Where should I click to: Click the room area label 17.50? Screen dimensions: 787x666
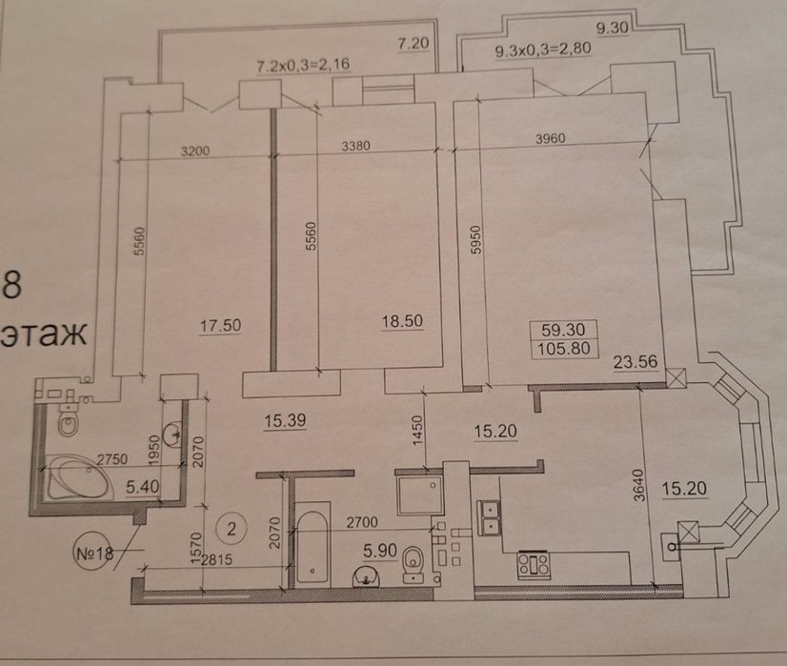tap(220, 326)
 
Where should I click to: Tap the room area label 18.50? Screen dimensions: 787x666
tap(402, 321)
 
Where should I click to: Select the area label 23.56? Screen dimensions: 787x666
tap(636, 362)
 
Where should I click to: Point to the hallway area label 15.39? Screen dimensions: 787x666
tap(285, 420)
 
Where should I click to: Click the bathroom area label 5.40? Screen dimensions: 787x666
tap(143, 486)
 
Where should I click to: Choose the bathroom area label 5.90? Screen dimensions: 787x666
tap(380, 551)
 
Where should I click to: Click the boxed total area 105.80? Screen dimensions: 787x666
tap(564, 349)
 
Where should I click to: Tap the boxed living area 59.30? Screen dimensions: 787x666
tap(563, 330)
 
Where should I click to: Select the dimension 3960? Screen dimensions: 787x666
tap(550, 138)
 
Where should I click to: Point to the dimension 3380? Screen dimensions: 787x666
tap(355, 146)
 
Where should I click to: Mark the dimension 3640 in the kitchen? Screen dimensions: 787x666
tap(638, 485)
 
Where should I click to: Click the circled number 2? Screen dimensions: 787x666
tap(232, 529)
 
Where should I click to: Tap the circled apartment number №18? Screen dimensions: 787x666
tap(93, 554)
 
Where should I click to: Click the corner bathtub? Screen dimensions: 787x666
tap(77, 476)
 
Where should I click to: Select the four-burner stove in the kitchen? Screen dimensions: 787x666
tap(534, 564)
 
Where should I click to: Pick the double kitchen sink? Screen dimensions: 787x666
tap(490, 518)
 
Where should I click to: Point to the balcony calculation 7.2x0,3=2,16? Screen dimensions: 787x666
tap(303, 66)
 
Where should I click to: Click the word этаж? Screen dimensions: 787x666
tap(44, 333)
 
